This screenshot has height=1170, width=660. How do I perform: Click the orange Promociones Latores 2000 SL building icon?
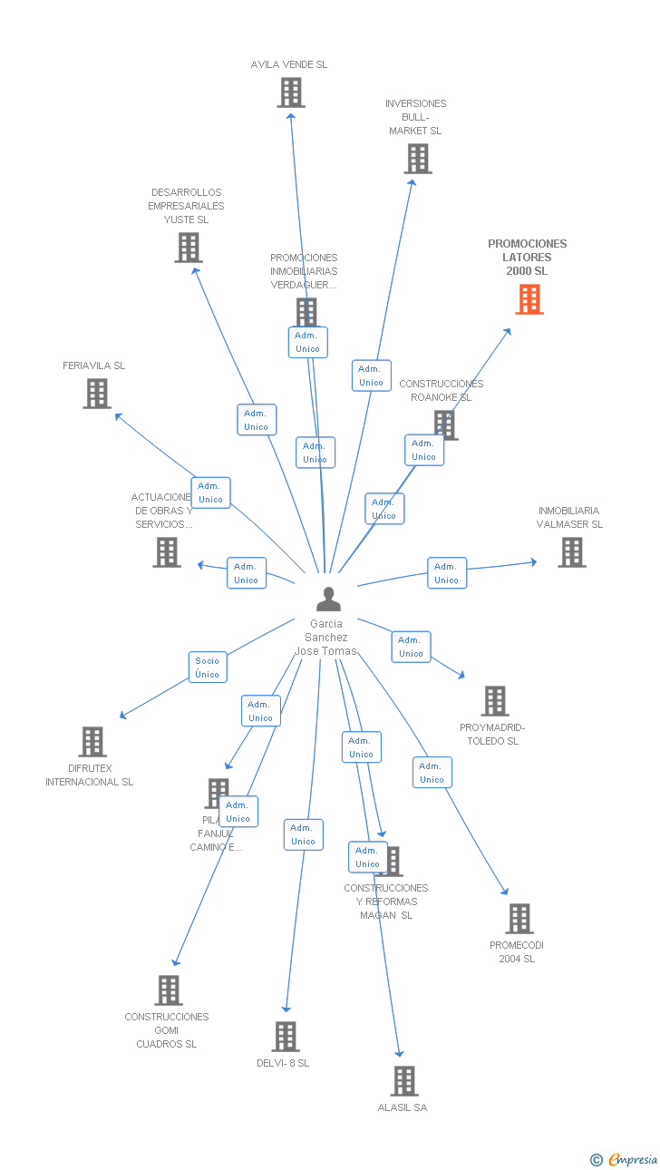pyautogui.click(x=529, y=299)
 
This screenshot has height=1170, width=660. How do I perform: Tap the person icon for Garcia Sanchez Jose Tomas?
pyautogui.click(x=328, y=600)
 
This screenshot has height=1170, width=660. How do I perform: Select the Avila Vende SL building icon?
pyautogui.click(x=291, y=93)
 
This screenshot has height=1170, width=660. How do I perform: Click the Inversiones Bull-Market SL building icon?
pyautogui.click(x=417, y=159)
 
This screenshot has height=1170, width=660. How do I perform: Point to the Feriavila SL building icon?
pyautogui.click(x=97, y=394)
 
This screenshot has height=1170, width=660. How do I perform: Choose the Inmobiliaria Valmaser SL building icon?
pyautogui.click(x=571, y=552)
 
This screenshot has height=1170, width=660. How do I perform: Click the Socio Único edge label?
pyautogui.click(x=208, y=668)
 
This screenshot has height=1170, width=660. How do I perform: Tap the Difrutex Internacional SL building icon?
pyautogui.click(x=92, y=742)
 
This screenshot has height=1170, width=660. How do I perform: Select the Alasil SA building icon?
pyautogui.click(x=404, y=1081)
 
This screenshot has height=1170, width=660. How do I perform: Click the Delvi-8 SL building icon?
pyautogui.click(x=286, y=1037)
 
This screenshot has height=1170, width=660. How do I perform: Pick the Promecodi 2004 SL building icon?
pyautogui.click(x=519, y=919)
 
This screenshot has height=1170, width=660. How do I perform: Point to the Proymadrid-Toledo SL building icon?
pyautogui.click(x=495, y=701)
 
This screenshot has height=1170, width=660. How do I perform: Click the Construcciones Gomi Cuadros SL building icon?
pyautogui.click(x=169, y=990)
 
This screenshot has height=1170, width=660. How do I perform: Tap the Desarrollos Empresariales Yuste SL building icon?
pyautogui.click(x=189, y=248)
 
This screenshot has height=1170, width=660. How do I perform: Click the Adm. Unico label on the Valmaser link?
pyautogui.click(x=447, y=573)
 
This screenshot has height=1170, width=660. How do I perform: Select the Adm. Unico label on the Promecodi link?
pyautogui.click(x=432, y=773)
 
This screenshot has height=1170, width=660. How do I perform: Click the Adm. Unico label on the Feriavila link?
pyautogui.click(x=211, y=492)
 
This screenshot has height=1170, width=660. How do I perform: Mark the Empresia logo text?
pyautogui.click(x=633, y=1159)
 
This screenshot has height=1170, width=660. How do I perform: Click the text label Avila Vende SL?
pyautogui.click(x=289, y=65)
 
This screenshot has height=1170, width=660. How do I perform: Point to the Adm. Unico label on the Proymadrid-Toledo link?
pyautogui.click(x=412, y=647)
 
